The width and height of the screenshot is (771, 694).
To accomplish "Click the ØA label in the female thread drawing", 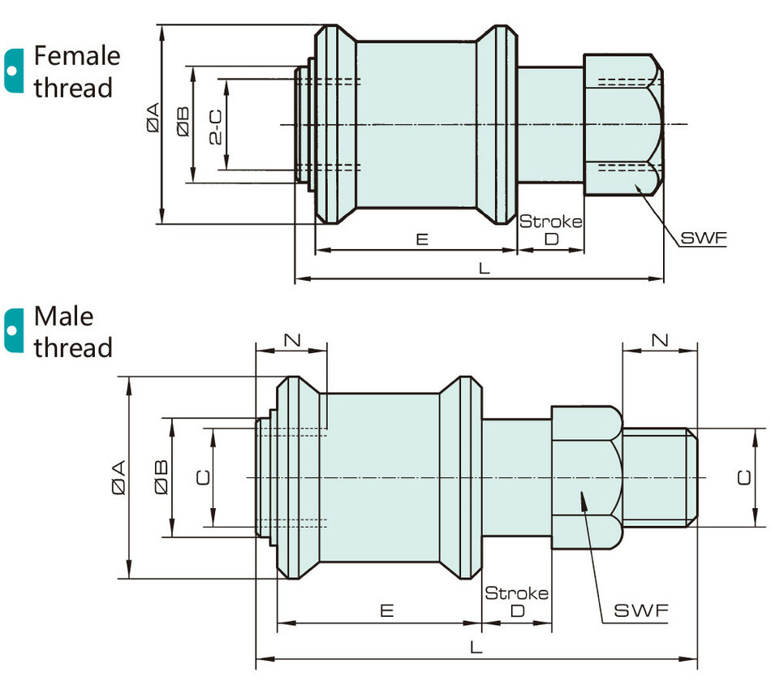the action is [x=153, y=118].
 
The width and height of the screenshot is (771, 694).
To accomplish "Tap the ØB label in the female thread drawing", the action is [x=183, y=121].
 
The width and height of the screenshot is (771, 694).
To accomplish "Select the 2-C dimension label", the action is [x=215, y=127].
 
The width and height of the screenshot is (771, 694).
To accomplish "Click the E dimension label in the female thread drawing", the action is [x=422, y=239].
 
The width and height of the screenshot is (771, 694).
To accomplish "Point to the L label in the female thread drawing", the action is [x=485, y=268].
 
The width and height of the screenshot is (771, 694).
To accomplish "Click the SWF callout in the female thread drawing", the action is [x=703, y=238].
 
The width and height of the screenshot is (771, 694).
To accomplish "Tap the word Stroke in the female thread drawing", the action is [x=551, y=222].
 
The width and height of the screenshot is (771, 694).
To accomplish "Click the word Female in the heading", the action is [x=77, y=55].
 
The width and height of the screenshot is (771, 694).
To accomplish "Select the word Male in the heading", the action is [x=63, y=316].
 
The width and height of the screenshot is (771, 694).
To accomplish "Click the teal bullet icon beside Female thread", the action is [x=14, y=71].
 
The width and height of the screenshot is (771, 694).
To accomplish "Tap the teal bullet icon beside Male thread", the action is [x=14, y=330].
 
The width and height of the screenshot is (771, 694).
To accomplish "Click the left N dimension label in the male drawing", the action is [x=292, y=339].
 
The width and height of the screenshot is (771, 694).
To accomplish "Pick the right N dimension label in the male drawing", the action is [x=660, y=339].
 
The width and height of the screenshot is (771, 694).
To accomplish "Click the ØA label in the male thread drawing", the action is [x=118, y=477].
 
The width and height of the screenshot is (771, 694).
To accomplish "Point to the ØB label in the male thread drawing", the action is [x=162, y=477].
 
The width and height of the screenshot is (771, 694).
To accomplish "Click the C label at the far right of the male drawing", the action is [x=744, y=477].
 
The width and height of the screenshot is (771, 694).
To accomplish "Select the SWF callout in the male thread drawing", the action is [x=641, y=610].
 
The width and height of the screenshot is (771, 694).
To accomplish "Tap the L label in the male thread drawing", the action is [x=476, y=647].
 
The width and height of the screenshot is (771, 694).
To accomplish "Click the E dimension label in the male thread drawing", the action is [x=387, y=610].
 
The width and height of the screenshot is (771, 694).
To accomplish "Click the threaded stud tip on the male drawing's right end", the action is [x=691, y=477].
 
